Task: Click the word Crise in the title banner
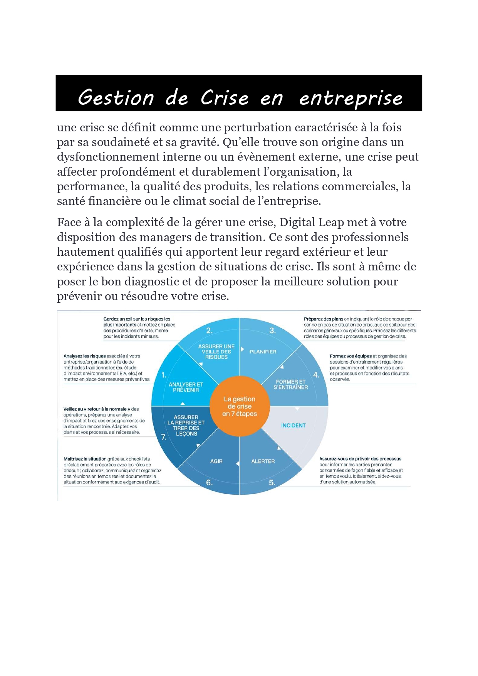225,97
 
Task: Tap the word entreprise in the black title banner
351,98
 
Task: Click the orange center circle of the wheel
240,406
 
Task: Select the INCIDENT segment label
293,425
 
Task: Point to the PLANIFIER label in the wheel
263,352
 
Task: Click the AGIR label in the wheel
216,461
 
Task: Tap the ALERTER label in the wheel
263,461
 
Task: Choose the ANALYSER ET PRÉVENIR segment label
186,387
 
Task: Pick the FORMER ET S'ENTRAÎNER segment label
291,384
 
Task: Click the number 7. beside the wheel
164,437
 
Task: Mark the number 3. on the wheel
272,330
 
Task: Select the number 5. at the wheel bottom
272,483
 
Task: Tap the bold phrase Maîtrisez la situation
85,459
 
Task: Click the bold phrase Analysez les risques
84,356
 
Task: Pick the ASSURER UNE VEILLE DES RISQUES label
216,352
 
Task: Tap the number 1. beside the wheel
164,375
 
